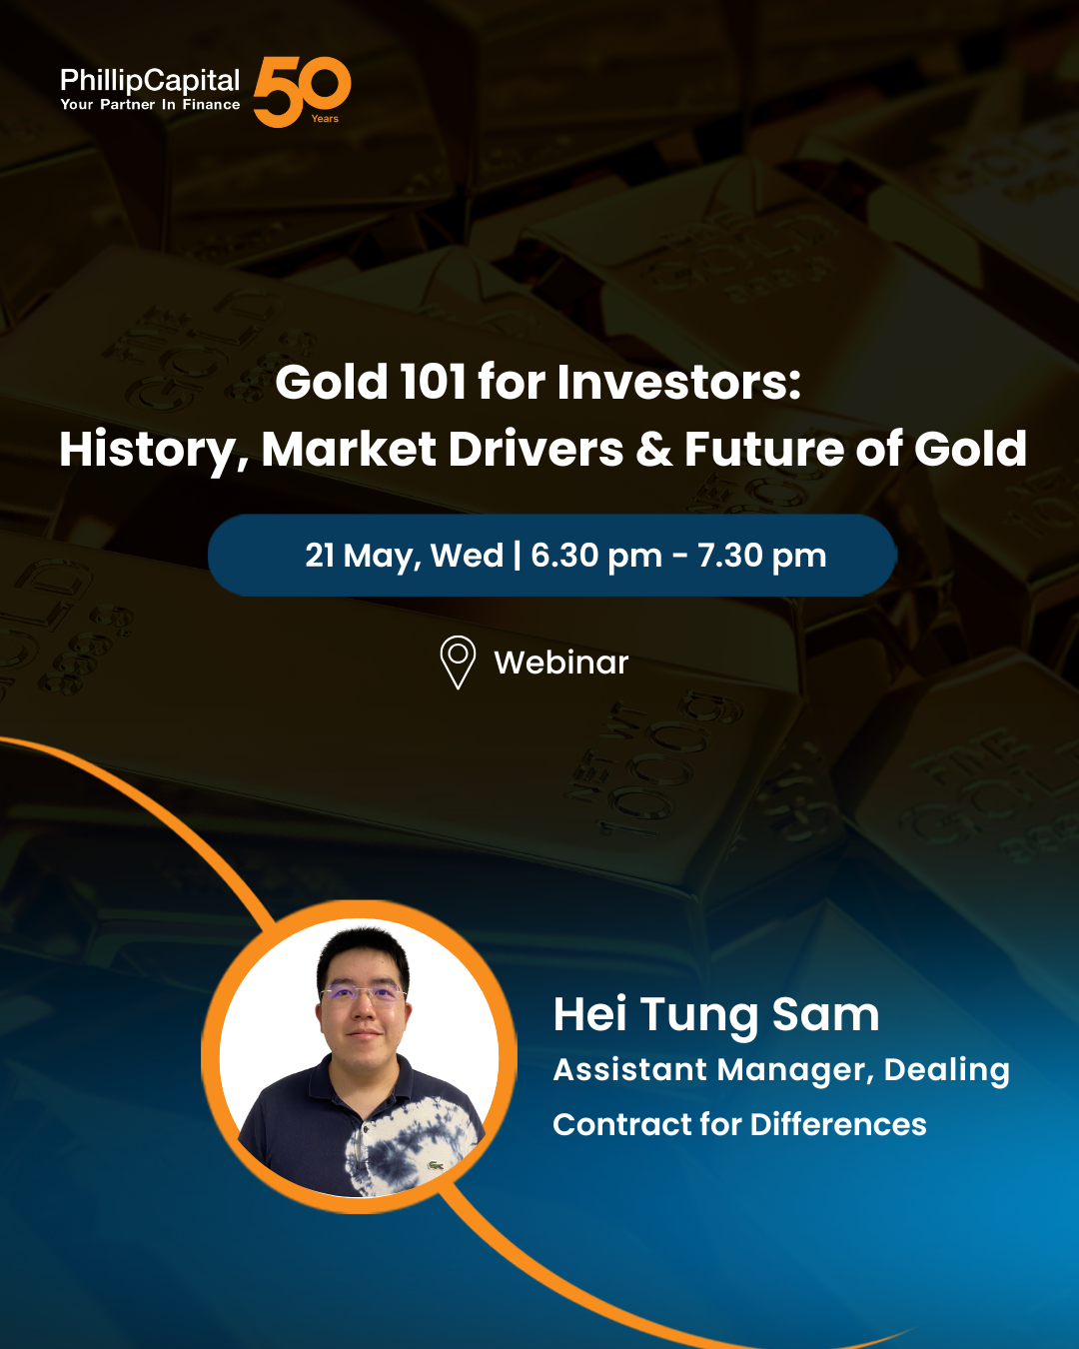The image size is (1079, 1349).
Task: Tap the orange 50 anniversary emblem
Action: (302, 92)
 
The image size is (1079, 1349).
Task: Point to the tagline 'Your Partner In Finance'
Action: (150, 105)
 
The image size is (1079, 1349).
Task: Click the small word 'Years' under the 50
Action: (325, 119)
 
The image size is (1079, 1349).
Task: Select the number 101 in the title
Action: (434, 382)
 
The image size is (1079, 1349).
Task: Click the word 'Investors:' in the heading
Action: (679, 382)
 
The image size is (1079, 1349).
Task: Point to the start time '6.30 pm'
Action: (596, 557)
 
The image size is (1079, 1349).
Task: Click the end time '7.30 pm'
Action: (761, 557)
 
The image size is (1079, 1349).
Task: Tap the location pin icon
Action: (458, 663)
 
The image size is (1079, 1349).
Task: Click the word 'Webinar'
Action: (561, 663)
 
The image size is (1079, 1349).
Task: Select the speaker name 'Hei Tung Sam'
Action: (716, 1015)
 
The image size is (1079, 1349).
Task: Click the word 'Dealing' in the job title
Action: (947, 1070)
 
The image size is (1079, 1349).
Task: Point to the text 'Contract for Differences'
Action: (739, 1124)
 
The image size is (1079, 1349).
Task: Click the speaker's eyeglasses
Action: (363, 994)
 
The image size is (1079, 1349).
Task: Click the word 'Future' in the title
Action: (763, 449)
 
